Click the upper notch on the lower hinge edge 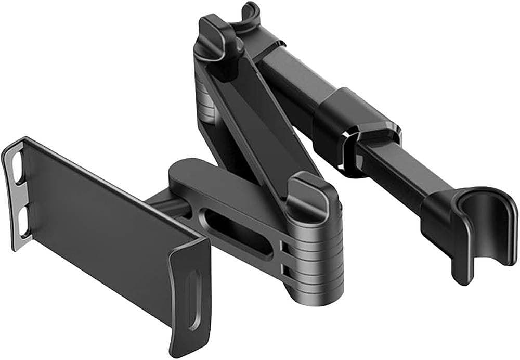tap(284, 245)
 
